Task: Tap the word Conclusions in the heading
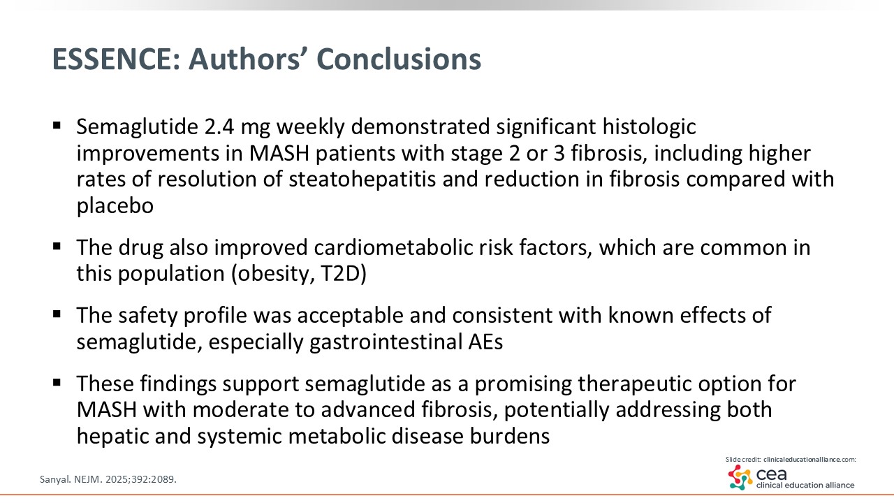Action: (399, 59)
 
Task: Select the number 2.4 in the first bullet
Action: (219, 126)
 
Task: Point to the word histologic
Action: (649, 128)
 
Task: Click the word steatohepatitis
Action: (362, 179)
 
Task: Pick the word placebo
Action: (115, 206)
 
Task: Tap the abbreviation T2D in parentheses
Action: (344, 274)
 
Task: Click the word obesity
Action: (270, 275)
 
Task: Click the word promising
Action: (523, 384)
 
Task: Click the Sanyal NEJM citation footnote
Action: (108, 479)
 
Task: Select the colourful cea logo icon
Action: (740, 478)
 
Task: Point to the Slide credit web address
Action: (809, 460)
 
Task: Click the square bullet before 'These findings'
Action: (57, 383)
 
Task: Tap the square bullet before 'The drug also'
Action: (57, 247)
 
